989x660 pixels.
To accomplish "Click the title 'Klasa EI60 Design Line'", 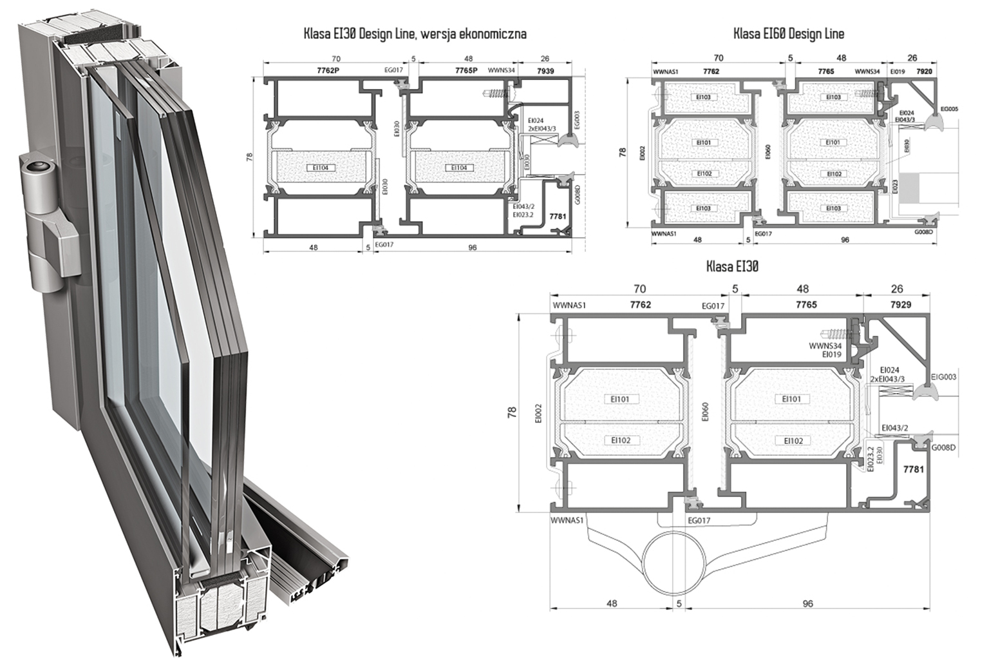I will tap(789, 33).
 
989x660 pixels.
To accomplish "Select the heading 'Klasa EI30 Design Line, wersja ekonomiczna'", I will tap(415, 34).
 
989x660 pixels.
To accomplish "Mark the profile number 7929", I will tap(900, 304).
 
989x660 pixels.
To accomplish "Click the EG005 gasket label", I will tap(948, 110).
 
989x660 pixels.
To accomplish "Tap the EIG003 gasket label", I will tap(943, 376).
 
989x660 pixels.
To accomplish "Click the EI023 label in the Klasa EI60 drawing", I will tap(895, 187).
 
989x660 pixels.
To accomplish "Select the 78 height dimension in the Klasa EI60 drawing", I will tap(622, 153).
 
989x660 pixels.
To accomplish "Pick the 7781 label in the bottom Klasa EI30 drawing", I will tap(914, 470).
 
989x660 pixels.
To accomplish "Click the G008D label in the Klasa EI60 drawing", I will tap(923, 232).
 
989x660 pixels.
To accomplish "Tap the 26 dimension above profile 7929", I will tap(897, 289).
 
